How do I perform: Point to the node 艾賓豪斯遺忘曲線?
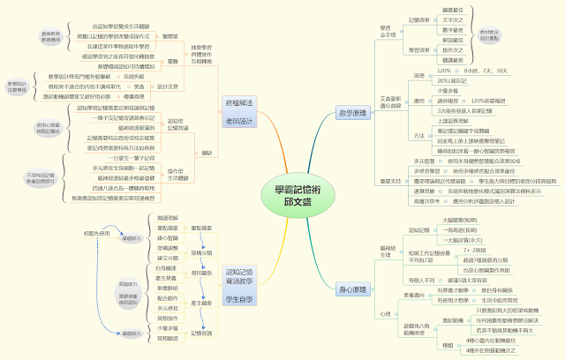click(391, 99)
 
